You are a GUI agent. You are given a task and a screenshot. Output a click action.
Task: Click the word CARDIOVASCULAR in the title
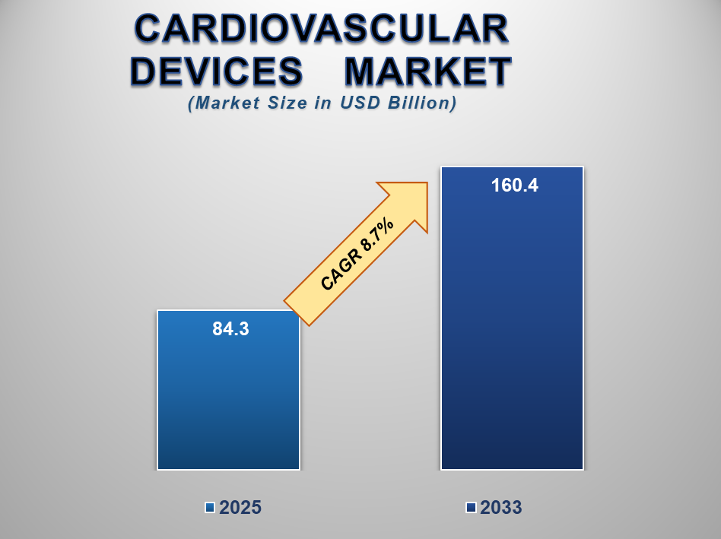coord(322,29)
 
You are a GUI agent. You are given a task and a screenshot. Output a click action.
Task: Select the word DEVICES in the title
coord(217,71)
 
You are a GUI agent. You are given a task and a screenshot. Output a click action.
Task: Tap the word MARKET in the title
coord(428,71)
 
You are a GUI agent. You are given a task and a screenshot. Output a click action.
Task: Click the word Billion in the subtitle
coord(421,103)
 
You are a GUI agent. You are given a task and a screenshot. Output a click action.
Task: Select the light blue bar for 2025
coord(228,390)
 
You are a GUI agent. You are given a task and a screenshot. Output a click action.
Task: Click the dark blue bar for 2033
coord(513,318)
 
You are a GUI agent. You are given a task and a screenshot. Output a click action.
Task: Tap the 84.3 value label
coord(231,329)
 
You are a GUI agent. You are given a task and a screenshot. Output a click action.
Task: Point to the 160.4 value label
coord(515,185)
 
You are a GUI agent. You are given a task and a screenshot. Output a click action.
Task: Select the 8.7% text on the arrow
coord(377,235)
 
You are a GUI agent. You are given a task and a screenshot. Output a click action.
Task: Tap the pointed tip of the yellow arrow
coord(427,183)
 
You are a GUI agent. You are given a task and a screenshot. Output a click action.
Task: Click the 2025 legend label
coord(240,508)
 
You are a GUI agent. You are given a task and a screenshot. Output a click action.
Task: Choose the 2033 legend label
coord(501,508)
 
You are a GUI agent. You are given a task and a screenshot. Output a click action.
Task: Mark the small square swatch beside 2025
coord(210,508)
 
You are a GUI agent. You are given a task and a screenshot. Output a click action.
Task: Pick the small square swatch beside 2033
coord(471,508)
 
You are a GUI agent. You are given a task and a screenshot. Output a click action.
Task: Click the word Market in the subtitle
coord(224,103)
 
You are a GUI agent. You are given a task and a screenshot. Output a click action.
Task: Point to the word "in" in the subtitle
coord(323,103)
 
